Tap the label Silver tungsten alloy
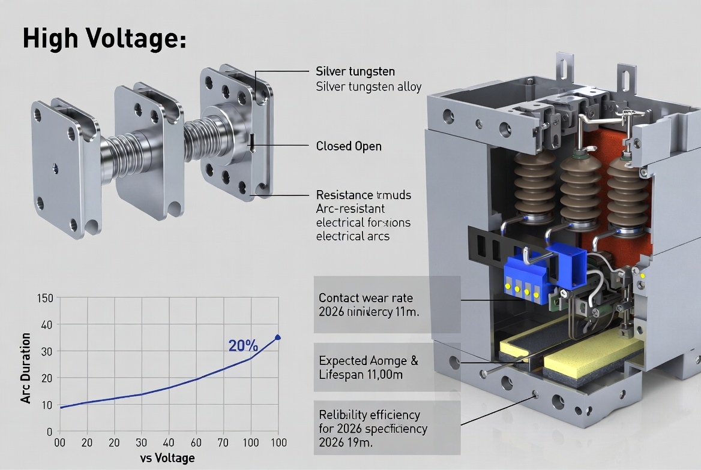[369, 87]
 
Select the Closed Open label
[348, 146]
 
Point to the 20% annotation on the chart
[243, 346]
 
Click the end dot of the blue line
[277, 338]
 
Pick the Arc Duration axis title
[26, 367]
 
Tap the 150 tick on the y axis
[45, 298]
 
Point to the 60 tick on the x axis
[196, 443]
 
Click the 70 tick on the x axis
[223, 443]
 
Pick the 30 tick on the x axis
[142, 443]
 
